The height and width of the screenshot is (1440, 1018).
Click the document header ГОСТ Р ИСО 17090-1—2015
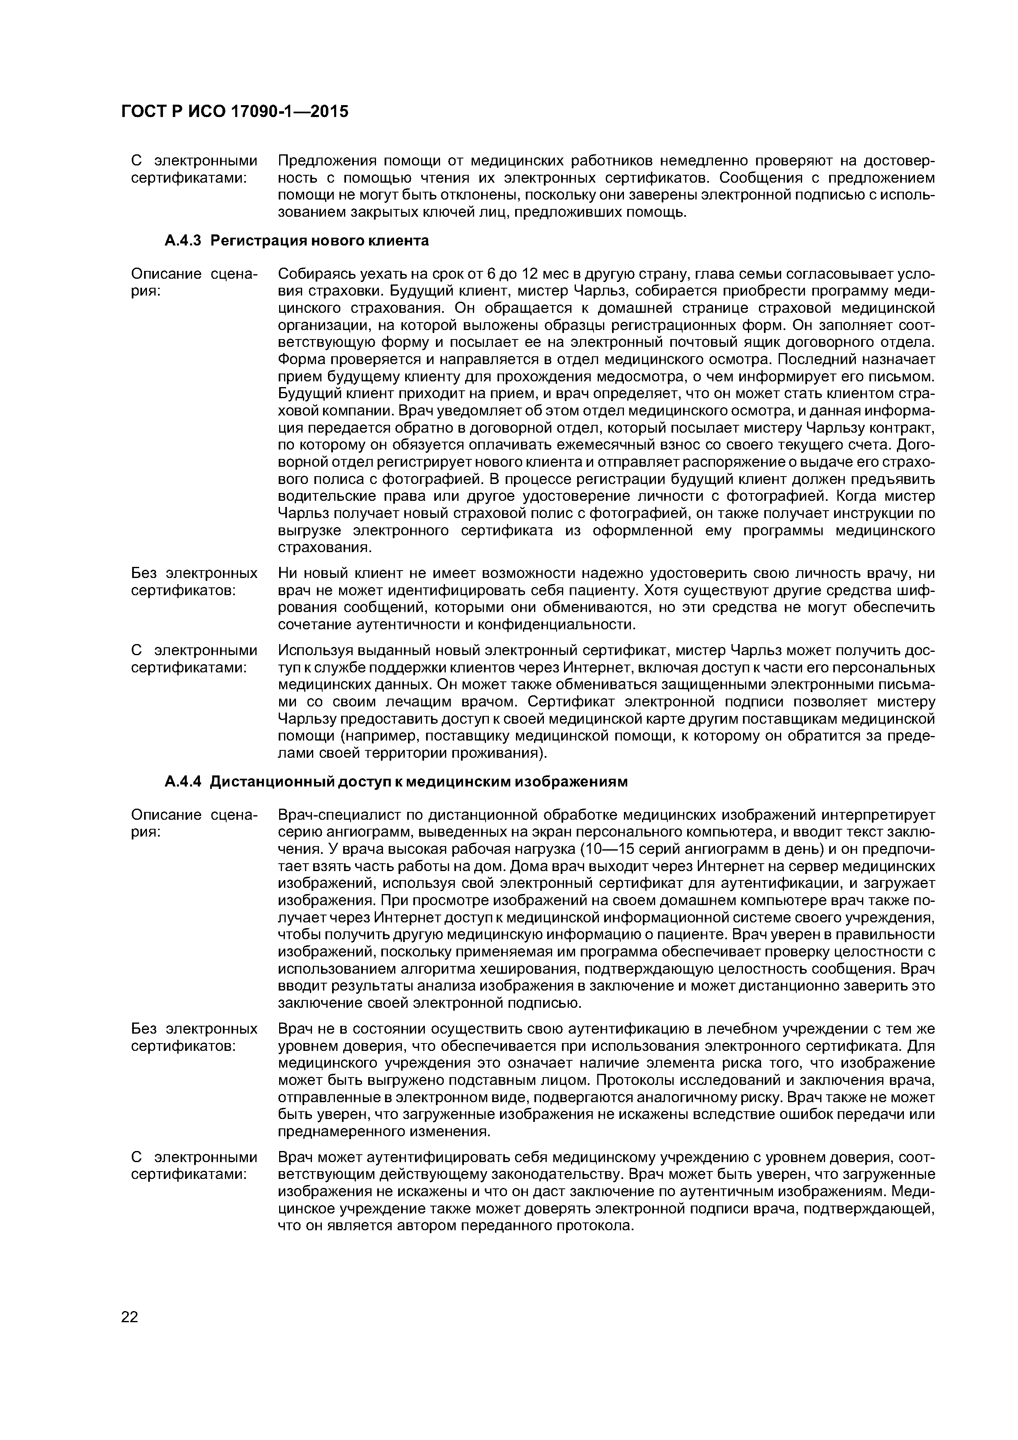[234, 112]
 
